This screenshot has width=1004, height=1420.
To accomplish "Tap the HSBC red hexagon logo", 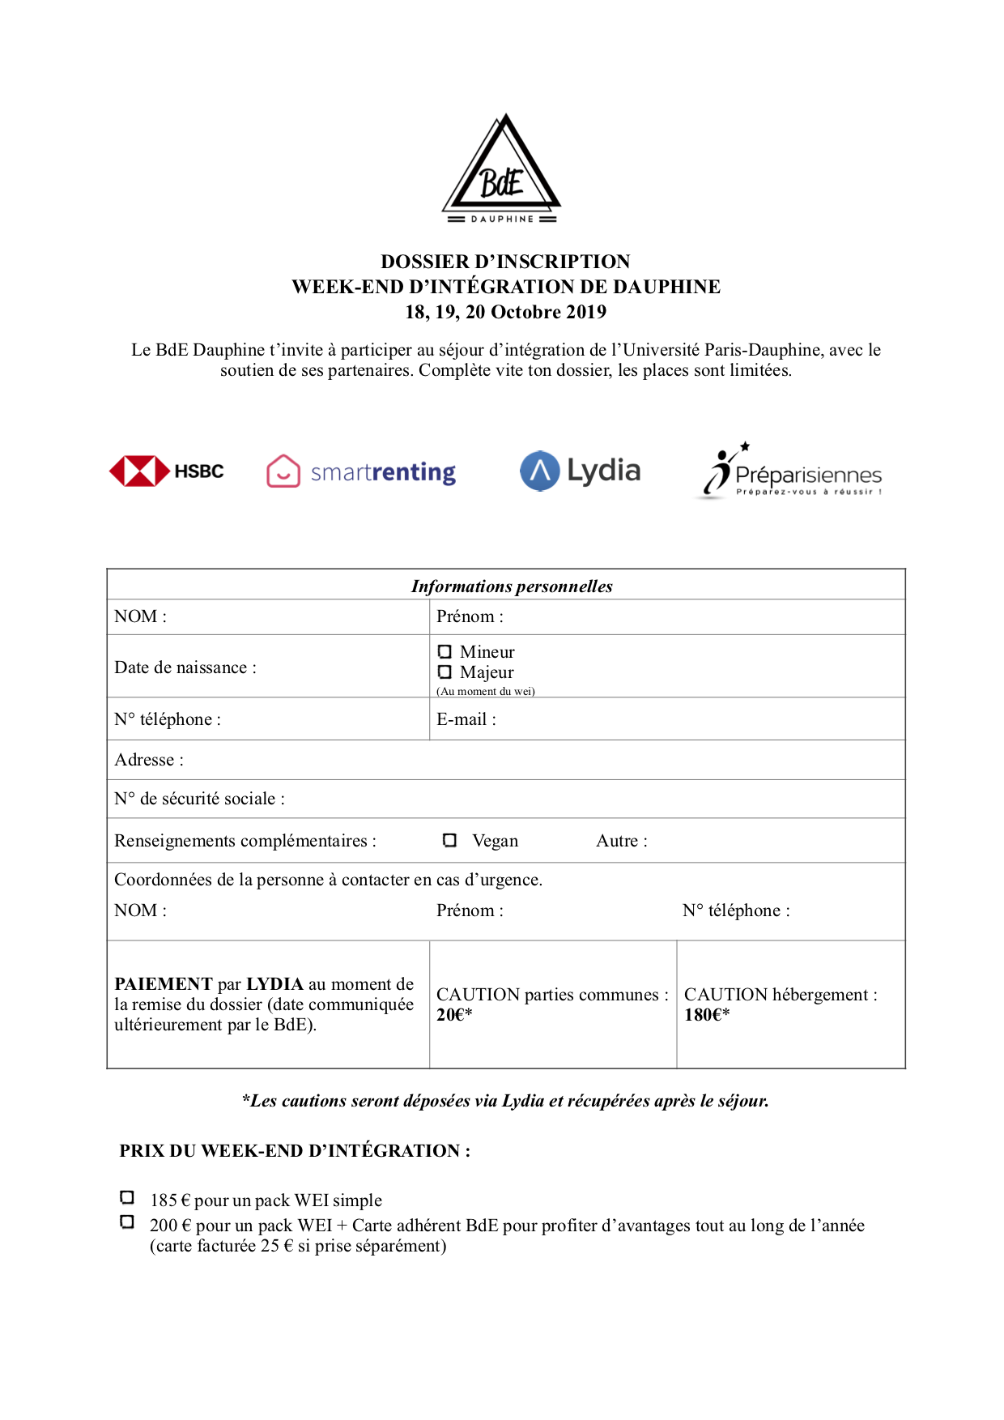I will point(139,471).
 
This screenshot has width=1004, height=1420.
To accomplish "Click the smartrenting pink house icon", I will point(283,471).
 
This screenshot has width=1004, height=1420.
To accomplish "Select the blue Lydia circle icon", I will point(540,471).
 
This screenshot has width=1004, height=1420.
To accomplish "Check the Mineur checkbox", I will point(445,651).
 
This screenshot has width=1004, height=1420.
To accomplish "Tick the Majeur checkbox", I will point(445,672).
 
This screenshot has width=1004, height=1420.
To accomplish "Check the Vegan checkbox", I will point(450,840).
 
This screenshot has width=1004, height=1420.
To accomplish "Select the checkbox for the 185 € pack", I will point(127,1197).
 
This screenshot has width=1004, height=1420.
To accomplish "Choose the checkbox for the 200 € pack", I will point(127,1222).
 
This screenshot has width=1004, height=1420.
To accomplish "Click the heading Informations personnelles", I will point(512,586).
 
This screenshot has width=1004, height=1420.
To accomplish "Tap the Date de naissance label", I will point(185,667).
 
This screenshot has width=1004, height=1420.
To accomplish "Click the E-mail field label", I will point(466,719).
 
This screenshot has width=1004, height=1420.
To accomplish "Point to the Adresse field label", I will point(149,760).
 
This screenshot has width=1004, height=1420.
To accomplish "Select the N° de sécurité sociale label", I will point(199,799).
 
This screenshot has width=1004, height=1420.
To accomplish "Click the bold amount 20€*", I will point(454,1015).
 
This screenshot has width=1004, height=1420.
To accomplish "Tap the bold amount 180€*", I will point(707,1015).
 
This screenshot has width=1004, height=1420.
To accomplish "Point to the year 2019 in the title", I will point(585,312).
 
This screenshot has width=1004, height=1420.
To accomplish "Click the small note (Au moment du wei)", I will point(486,691).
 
